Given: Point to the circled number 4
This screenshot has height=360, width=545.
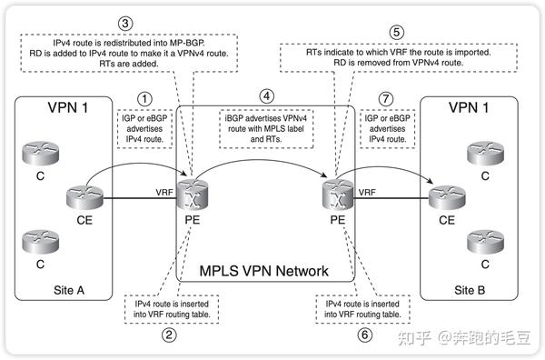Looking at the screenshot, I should pyautogui.click(x=265, y=95).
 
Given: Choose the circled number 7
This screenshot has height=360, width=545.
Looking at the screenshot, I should pyautogui.click(x=388, y=96).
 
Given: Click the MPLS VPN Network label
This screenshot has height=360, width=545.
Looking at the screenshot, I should pyautogui.click(x=264, y=271).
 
